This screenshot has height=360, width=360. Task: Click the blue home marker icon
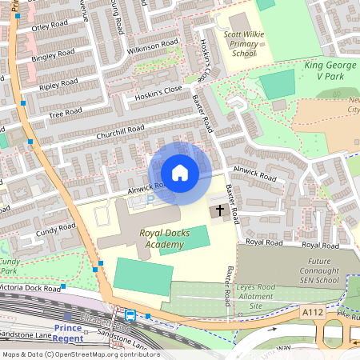pyautogui.click(x=180, y=173)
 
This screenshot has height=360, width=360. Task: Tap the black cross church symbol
pyautogui.click(x=218, y=212)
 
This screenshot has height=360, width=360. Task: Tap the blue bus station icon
pyautogui.click(x=130, y=315)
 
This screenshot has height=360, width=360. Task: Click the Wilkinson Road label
pyautogui.click(x=152, y=46)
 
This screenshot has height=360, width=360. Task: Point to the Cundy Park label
pyautogui.click(x=10, y=266)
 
